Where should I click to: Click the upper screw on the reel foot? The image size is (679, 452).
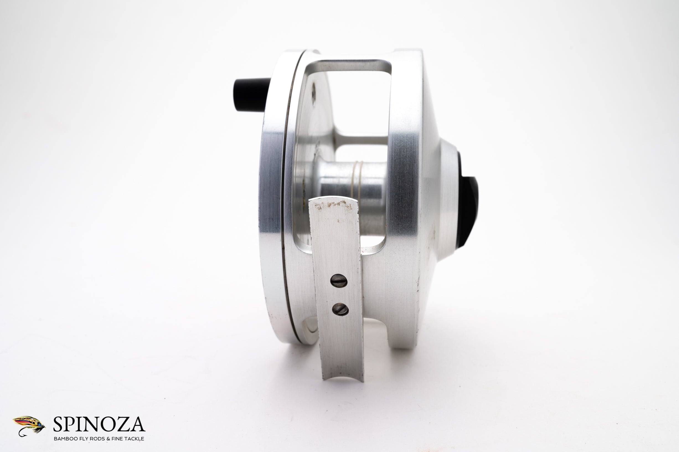[339, 280]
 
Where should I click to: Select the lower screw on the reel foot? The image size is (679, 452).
[340, 309]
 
